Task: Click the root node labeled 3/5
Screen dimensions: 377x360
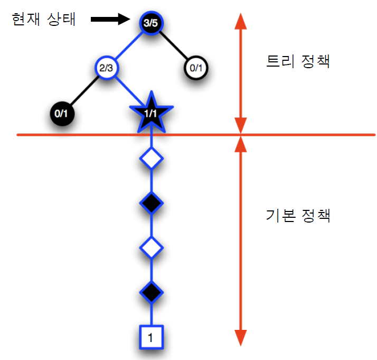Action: point(152,23)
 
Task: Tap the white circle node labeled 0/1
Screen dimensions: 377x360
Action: point(196,68)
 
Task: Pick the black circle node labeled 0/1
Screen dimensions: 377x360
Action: point(61,113)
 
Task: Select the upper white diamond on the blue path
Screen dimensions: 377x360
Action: point(152,158)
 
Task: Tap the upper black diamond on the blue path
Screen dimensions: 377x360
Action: point(152,202)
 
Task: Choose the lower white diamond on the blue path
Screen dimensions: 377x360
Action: point(152,247)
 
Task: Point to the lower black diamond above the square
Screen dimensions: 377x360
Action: point(152,291)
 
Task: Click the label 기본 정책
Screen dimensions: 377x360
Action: point(298,216)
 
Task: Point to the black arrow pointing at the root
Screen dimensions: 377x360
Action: point(110,20)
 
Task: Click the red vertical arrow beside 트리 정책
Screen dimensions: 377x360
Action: point(241,74)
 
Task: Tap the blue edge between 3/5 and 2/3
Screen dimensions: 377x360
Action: point(129,45)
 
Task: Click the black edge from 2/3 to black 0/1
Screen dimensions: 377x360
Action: point(83,90)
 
